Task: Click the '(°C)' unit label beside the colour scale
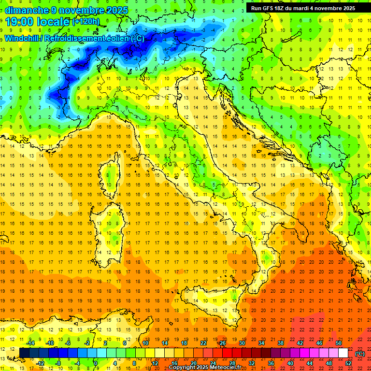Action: point(360,354)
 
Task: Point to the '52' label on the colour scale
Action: point(348,363)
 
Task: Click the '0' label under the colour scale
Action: point(96,363)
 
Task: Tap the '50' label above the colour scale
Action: point(338,343)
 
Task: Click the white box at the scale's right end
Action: point(343,353)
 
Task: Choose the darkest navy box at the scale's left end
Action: point(24,353)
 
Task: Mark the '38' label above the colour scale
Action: point(280,343)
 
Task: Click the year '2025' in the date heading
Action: point(114,10)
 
